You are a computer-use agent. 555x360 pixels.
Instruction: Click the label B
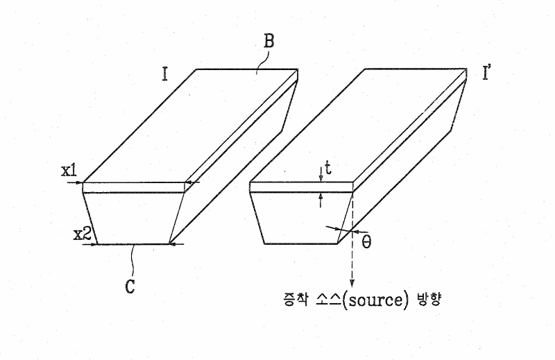[x=269, y=41]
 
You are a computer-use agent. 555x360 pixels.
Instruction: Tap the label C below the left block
[x=130, y=286]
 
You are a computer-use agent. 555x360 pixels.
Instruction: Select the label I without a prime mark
[x=164, y=74]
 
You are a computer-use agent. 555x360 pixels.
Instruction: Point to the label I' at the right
[x=487, y=73]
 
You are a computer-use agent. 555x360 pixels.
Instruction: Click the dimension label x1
[x=69, y=171]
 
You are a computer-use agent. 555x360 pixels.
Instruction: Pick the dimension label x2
[x=83, y=234]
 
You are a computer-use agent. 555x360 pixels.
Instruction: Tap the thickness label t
[x=328, y=169]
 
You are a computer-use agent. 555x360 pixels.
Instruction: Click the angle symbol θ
[x=367, y=242]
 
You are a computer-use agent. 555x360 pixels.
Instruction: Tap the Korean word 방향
[x=429, y=300]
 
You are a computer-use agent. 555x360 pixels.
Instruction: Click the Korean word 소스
[x=330, y=300]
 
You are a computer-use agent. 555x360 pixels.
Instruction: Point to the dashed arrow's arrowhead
[x=352, y=283]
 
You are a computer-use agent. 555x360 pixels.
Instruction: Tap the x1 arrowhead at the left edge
[x=80, y=182]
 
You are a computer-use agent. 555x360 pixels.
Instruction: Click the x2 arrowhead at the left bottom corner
[x=94, y=244]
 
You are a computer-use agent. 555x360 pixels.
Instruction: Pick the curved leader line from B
[x=263, y=62]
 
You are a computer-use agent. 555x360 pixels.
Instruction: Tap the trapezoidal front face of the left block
[x=134, y=218]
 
